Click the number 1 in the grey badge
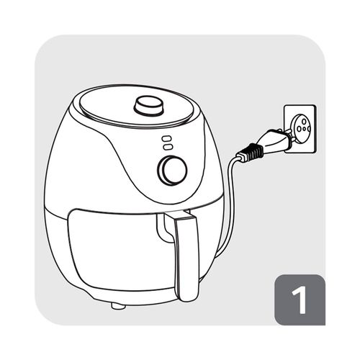click(x=300, y=300)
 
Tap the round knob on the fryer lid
click(x=149, y=105)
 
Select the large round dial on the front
click(x=172, y=171)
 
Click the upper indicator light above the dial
click(x=166, y=139)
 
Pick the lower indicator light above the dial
click(x=167, y=147)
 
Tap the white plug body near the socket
click(x=274, y=140)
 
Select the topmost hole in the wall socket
click(x=304, y=121)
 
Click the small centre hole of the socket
click(x=304, y=129)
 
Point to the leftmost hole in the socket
click(x=299, y=129)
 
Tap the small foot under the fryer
click(x=118, y=306)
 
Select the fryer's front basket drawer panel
click(x=122, y=250)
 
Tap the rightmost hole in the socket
click(x=309, y=130)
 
